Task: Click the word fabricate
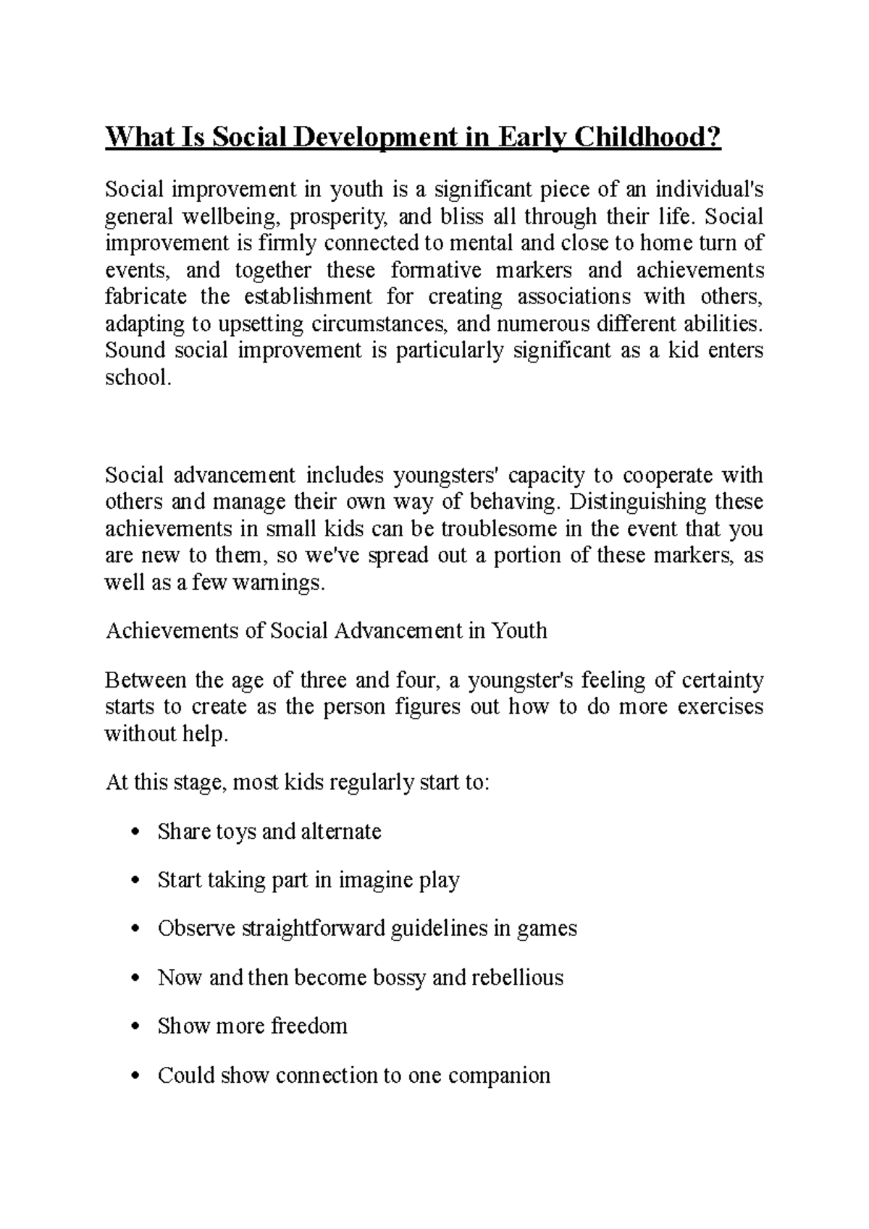146,297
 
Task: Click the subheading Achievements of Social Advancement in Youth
327,630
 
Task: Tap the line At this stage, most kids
298,782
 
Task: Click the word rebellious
517,978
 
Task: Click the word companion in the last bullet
500,1076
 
